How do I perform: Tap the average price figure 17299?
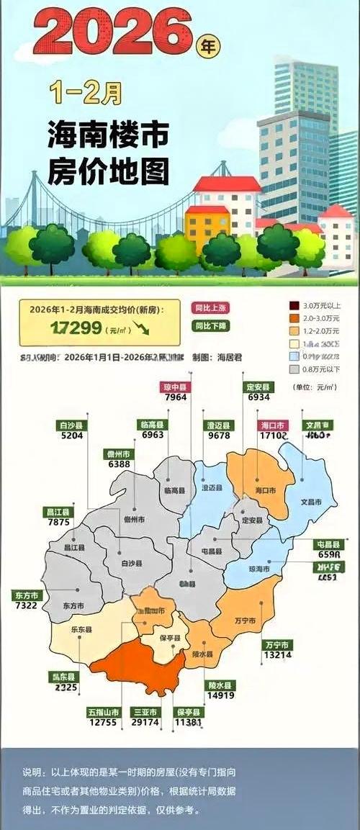pos(76,328)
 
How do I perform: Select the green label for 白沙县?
pos(73,425)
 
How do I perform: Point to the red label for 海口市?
pos(274,425)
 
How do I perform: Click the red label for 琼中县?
pos(175,387)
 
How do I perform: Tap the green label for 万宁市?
pos(277,644)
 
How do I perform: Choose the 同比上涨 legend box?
pos(210,307)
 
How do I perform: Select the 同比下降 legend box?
pos(210,325)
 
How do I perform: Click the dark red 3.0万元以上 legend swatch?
pos(294,305)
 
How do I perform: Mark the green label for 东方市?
pos(27,596)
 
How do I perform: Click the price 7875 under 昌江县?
pos(57,523)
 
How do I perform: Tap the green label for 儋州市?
pos(119,454)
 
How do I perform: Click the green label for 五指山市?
pos(102,712)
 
